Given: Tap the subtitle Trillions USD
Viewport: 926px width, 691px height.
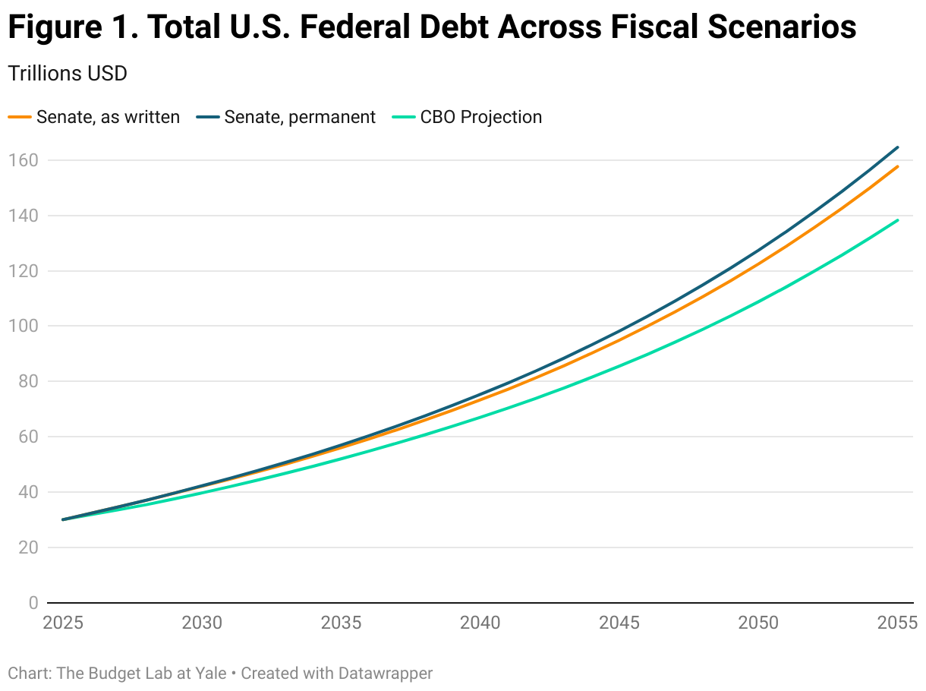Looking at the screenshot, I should pos(67,74).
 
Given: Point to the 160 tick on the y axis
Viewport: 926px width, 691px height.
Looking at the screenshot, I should pos(24,160).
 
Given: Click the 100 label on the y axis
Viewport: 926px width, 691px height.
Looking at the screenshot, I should pos(24,327).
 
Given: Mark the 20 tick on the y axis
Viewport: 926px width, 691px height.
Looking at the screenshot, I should pos(28,547).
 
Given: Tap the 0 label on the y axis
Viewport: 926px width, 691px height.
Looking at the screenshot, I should pos(33,603).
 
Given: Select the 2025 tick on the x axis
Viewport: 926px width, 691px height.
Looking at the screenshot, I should pos(63,623).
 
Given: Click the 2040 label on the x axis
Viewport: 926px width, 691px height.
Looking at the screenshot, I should pos(480,623).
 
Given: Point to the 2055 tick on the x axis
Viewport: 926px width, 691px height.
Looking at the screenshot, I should pos(897,623).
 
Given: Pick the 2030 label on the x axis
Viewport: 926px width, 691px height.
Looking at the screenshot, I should pos(202,623).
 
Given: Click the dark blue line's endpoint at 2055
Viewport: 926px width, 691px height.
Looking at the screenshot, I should pos(898,147).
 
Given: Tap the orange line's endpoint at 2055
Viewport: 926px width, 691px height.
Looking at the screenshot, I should pos(898,166).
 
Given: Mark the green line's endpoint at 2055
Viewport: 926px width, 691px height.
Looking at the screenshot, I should pos(898,220).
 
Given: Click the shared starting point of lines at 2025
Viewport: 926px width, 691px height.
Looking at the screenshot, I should pos(63,519).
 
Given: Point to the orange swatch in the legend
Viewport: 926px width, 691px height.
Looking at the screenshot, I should pos(20,117).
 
